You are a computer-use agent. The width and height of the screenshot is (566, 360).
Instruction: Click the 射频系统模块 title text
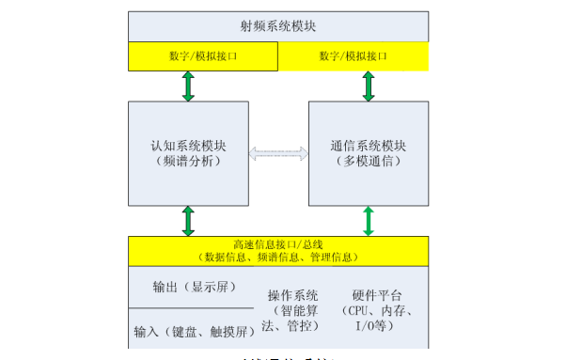click(x=277, y=25)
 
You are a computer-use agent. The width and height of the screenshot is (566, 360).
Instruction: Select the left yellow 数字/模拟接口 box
click(x=202, y=56)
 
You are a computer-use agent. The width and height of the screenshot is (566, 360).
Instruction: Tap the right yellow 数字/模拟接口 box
click(x=354, y=56)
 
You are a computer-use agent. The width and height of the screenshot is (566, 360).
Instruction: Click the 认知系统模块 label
click(x=188, y=147)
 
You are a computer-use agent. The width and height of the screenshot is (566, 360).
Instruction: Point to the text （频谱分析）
click(x=188, y=162)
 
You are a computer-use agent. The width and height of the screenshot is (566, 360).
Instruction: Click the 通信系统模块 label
click(x=368, y=147)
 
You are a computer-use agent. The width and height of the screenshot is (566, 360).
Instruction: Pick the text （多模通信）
click(x=368, y=162)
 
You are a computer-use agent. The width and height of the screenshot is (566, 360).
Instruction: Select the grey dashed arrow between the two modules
click(x=278, y=152)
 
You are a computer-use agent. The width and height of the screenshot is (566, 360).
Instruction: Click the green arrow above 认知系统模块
click(x=188, y=86)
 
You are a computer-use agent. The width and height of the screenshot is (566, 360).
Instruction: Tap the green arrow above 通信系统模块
click(x=368, y=86)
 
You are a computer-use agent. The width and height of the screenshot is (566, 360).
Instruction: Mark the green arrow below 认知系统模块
click(x=188, y=221)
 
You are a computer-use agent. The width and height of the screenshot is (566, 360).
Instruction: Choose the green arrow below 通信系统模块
click(x=368, y=221)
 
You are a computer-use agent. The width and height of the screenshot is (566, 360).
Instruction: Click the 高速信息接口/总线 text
click(x=277, y=244)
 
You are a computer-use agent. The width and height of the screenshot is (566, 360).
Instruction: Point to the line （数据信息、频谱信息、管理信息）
click(x=277, y=257)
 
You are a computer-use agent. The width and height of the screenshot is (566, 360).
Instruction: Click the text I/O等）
click(x=379, y=326)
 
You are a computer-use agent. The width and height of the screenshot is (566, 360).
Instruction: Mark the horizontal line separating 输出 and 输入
click(x=191, y=308)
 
